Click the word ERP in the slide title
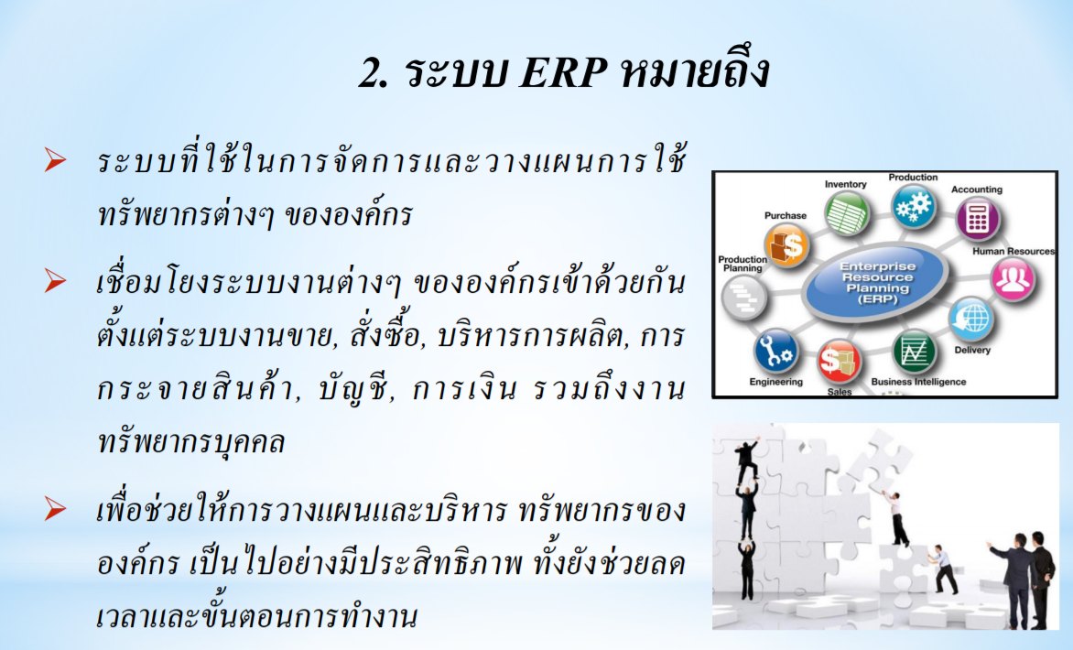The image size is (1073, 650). click(x=563, y=72)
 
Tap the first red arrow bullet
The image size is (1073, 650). click(x=56, y=160)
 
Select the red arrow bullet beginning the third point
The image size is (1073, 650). click(x=56, y=509)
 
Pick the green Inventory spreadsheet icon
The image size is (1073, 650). click(x=847, y=213)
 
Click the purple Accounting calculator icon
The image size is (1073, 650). click(x=977, y=219)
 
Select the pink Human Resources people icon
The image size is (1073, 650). click(x=1013, y=279)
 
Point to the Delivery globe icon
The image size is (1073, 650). click(x=970, y=319)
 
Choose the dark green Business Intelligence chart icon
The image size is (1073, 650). click(x=915, y=352)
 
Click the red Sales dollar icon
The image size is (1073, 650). click(x=839, y=361)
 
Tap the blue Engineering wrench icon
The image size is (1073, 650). click(x=775, y=352)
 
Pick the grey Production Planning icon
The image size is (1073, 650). click(x=743, y=298)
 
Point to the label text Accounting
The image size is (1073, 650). click(x=977, y=190)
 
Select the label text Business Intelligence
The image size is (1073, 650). click(x=918, y=382)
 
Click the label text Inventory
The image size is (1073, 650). click(x=845, y=185)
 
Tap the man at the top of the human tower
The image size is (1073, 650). click(x=746, y=460)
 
